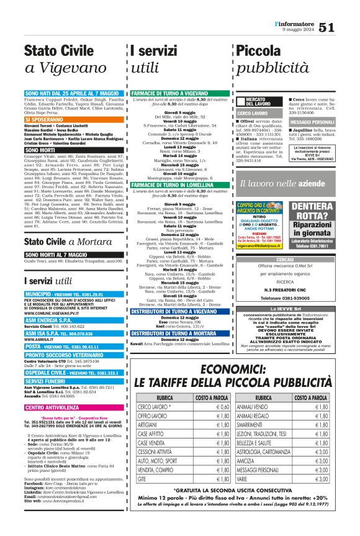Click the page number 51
345,27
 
